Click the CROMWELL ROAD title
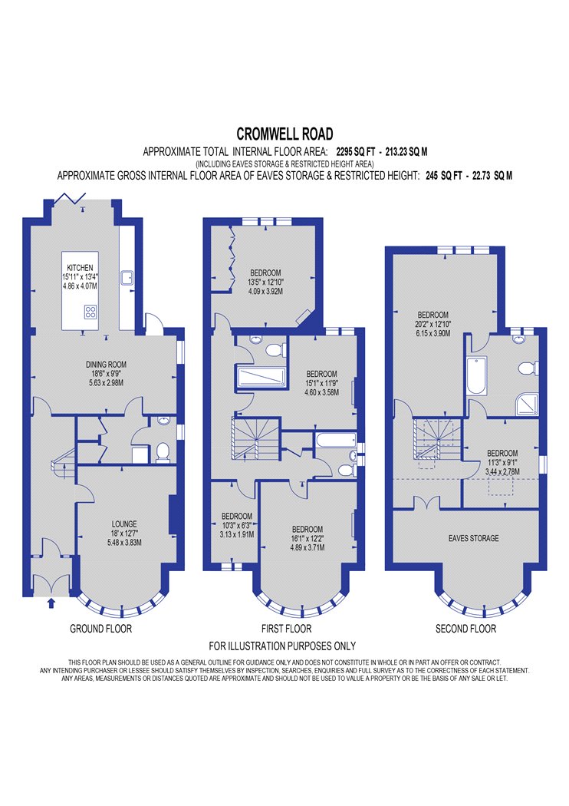(284, 134)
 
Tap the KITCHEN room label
(80, 268)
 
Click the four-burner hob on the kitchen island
(91, 311)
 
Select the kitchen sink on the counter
(127, 278)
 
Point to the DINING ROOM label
(106, 365)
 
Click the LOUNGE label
(124, 524)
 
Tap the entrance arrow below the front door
(51, 603)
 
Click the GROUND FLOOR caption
(100, 628)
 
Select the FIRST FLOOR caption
(286, 628)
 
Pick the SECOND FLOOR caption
(465, 628)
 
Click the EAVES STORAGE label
(473, 538)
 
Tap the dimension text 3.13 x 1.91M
(237, 534)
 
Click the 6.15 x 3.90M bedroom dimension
(433, 333)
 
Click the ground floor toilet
(163, 452)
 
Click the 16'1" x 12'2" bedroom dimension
(308, 539)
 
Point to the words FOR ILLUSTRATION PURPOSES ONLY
(282, 646)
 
